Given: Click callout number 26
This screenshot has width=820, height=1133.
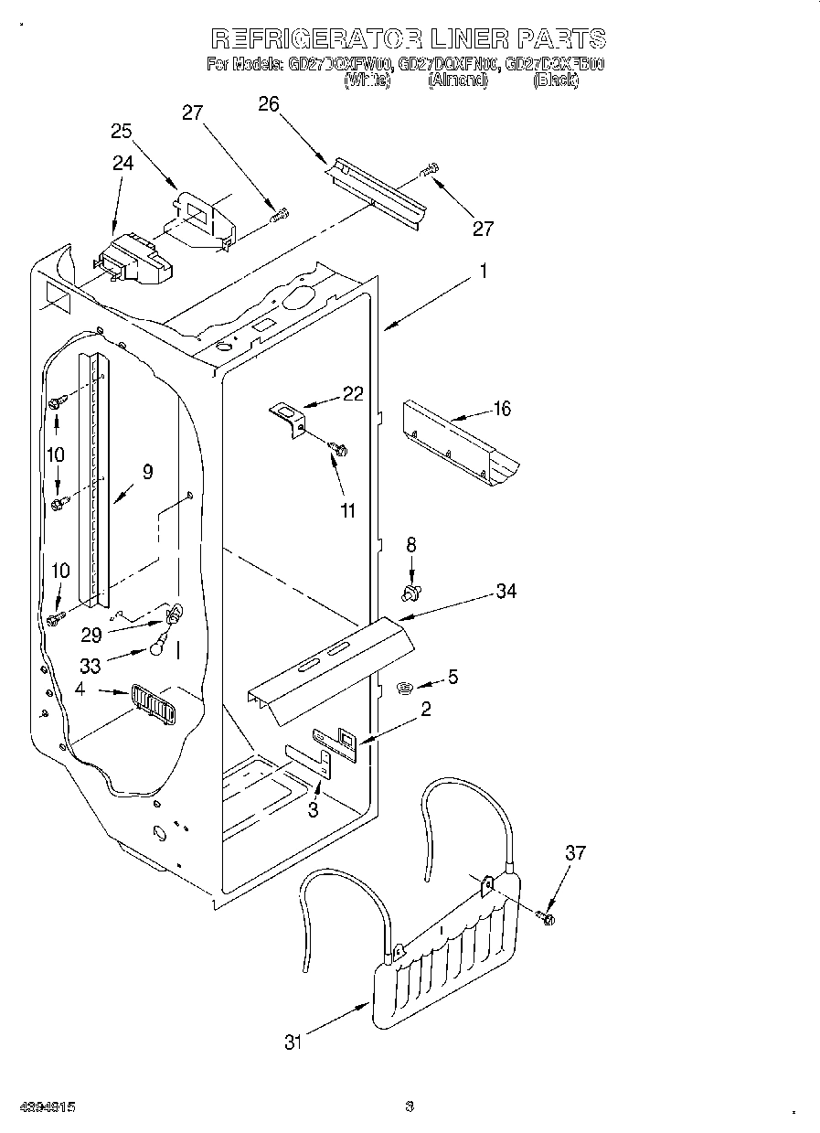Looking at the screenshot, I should click(268, 103).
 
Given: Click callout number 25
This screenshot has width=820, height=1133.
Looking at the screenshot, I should click(122, 131).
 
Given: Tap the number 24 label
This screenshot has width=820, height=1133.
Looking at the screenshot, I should click(122, 164).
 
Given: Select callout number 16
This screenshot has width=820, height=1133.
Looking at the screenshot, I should click(502, 409).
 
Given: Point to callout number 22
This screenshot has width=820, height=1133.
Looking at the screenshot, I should click(352, 394).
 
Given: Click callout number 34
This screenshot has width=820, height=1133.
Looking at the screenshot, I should click(506, 592).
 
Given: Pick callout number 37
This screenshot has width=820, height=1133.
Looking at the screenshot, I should click(574, 853).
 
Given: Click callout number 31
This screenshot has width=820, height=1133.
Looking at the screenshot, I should click(293, 1042).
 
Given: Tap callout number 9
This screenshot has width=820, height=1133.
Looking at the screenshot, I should click(147, 473).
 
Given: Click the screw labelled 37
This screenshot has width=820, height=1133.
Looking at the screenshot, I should click(548, 915).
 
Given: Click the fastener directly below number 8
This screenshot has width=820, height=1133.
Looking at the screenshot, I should click(410, 593).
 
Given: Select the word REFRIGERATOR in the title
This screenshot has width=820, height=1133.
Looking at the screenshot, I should click(317, 38).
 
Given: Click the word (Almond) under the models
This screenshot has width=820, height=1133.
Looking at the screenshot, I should click(458, 80).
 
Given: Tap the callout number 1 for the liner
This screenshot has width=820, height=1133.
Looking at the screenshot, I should click(484, 272).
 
